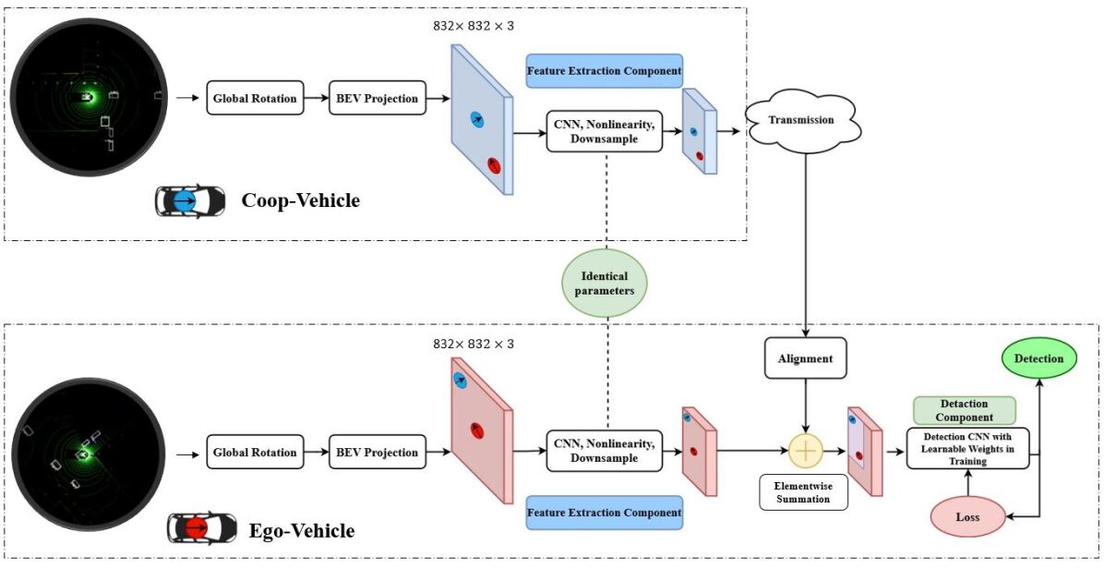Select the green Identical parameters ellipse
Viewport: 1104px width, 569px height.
[x=605, y=283]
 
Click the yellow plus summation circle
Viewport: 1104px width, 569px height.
[x=807, y=451]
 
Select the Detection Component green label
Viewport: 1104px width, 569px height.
[x=964, y=410]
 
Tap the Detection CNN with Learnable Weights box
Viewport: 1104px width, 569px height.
[x=967, y=448]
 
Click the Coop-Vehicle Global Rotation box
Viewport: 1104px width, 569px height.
[x=255, y=99]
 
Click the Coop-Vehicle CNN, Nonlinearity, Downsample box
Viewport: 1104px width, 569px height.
[x=605, y=131]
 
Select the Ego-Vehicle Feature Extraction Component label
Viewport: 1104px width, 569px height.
[x=604, y=512]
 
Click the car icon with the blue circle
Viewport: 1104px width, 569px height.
[x=189, y=201]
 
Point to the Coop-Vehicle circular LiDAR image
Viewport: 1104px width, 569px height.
[x=89, y=99]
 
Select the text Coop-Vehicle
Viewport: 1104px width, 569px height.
[x=300, y=200]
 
